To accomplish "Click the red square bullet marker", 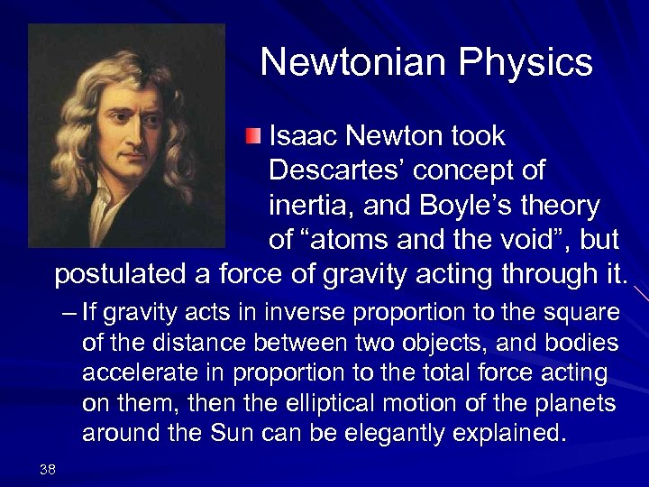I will [x=253, y=137].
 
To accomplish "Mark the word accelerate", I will [x=134, y=373].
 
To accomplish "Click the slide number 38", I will [x=49, y=467].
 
